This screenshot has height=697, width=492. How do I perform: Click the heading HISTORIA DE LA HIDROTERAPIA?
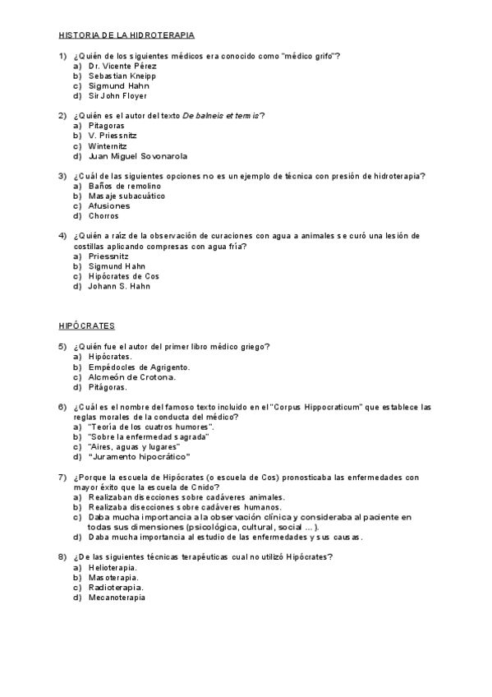[126, 35]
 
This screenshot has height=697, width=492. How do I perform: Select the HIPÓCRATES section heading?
[87, 326]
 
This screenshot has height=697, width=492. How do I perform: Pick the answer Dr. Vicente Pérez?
[122, 66]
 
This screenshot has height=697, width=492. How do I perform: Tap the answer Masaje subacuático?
[127, 196]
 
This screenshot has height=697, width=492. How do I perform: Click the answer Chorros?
[104, 216]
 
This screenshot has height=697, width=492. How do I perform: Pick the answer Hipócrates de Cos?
[124, 276]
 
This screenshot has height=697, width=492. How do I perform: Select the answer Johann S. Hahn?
[120, 286]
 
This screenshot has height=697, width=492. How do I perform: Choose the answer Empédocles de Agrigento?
[136, 367]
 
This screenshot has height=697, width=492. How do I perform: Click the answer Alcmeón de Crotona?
[131, 376]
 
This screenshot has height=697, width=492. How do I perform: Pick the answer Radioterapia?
[117, 587]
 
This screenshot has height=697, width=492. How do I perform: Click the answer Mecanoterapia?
[117, 598]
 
